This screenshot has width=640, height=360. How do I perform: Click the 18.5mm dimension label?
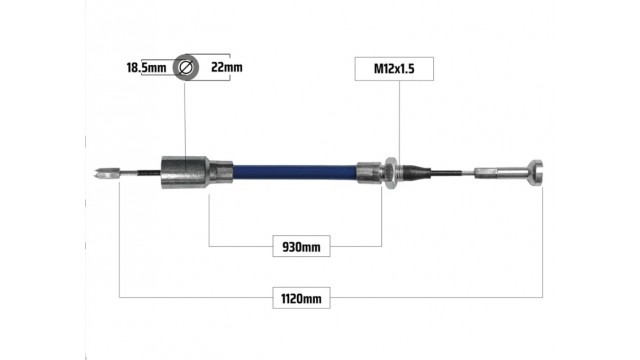pos(146,67)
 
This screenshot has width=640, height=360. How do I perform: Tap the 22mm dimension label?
pos(227,67)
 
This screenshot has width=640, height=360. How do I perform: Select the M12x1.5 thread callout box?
pos(394,69)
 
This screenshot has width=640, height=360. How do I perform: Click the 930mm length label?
pos(301,246)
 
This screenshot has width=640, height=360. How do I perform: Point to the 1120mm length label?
pos(301,298)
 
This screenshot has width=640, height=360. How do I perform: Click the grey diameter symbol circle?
pos(186,67)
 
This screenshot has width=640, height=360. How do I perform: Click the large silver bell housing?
pos(185,172)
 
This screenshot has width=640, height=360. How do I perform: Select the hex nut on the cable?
pos(391,173)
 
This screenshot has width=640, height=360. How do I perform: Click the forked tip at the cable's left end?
pos(106,173)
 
